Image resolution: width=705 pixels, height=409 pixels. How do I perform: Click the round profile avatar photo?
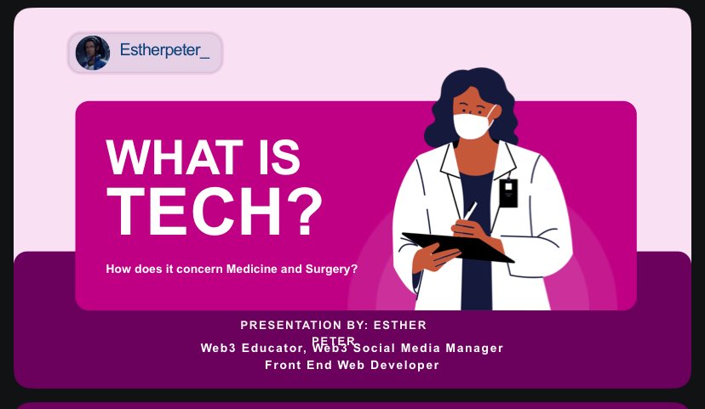point(93,53)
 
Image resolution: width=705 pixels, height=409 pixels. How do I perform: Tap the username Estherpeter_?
point(164,50)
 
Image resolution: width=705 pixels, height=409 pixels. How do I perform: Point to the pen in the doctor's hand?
point(469,210)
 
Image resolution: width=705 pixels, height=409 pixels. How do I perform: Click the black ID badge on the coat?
point(508,193)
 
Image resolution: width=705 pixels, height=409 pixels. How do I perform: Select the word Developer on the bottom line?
point(408,365)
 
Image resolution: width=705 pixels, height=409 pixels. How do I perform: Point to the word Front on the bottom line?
point(283,365)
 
